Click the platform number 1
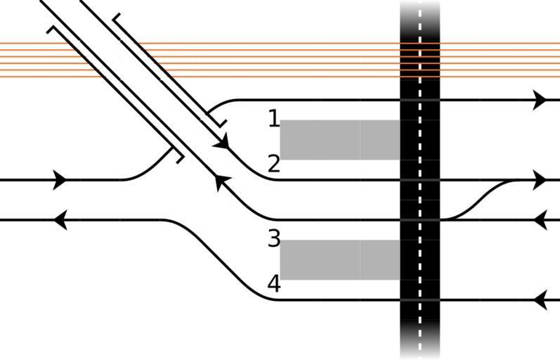tap(273, 119)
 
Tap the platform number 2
tap(274, 165)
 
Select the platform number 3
tap(274, 239)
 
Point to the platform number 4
tap(274, 284)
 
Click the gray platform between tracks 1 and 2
tap(340, 139)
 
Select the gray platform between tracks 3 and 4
tap(340, 259)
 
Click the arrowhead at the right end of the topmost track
tap(540, 100)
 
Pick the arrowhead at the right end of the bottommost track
tap(540, 301)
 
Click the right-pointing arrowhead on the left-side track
tap(60, 180)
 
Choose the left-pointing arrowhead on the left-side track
tap(60, 220)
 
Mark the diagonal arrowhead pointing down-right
tap(222, 143)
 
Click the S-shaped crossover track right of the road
tap(485, 200)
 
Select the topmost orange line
tap(211, 44)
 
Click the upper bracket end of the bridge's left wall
tap(53, 30)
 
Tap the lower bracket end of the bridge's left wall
tap(177, 155)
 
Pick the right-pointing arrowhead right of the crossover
tap(540, 180)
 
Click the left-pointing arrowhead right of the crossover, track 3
tap(540, 220)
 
